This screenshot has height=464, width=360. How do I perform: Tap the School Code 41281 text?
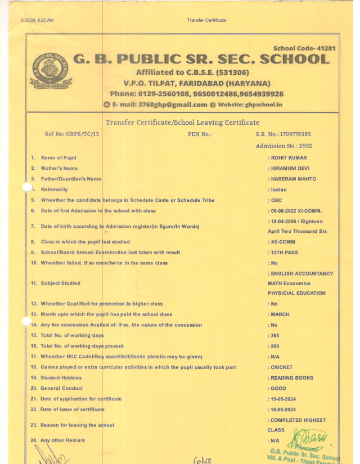(x=304, y=48)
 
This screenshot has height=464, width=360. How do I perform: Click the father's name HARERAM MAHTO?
(x=293, y=179)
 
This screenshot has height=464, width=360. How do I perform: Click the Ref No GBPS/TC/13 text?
(x=67, y=134)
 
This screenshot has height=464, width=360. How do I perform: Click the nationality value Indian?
(x=278, y=190)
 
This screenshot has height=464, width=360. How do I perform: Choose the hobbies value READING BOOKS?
(x=292, y=378)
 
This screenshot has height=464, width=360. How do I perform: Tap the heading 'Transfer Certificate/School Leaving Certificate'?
(x=182, y=122)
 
